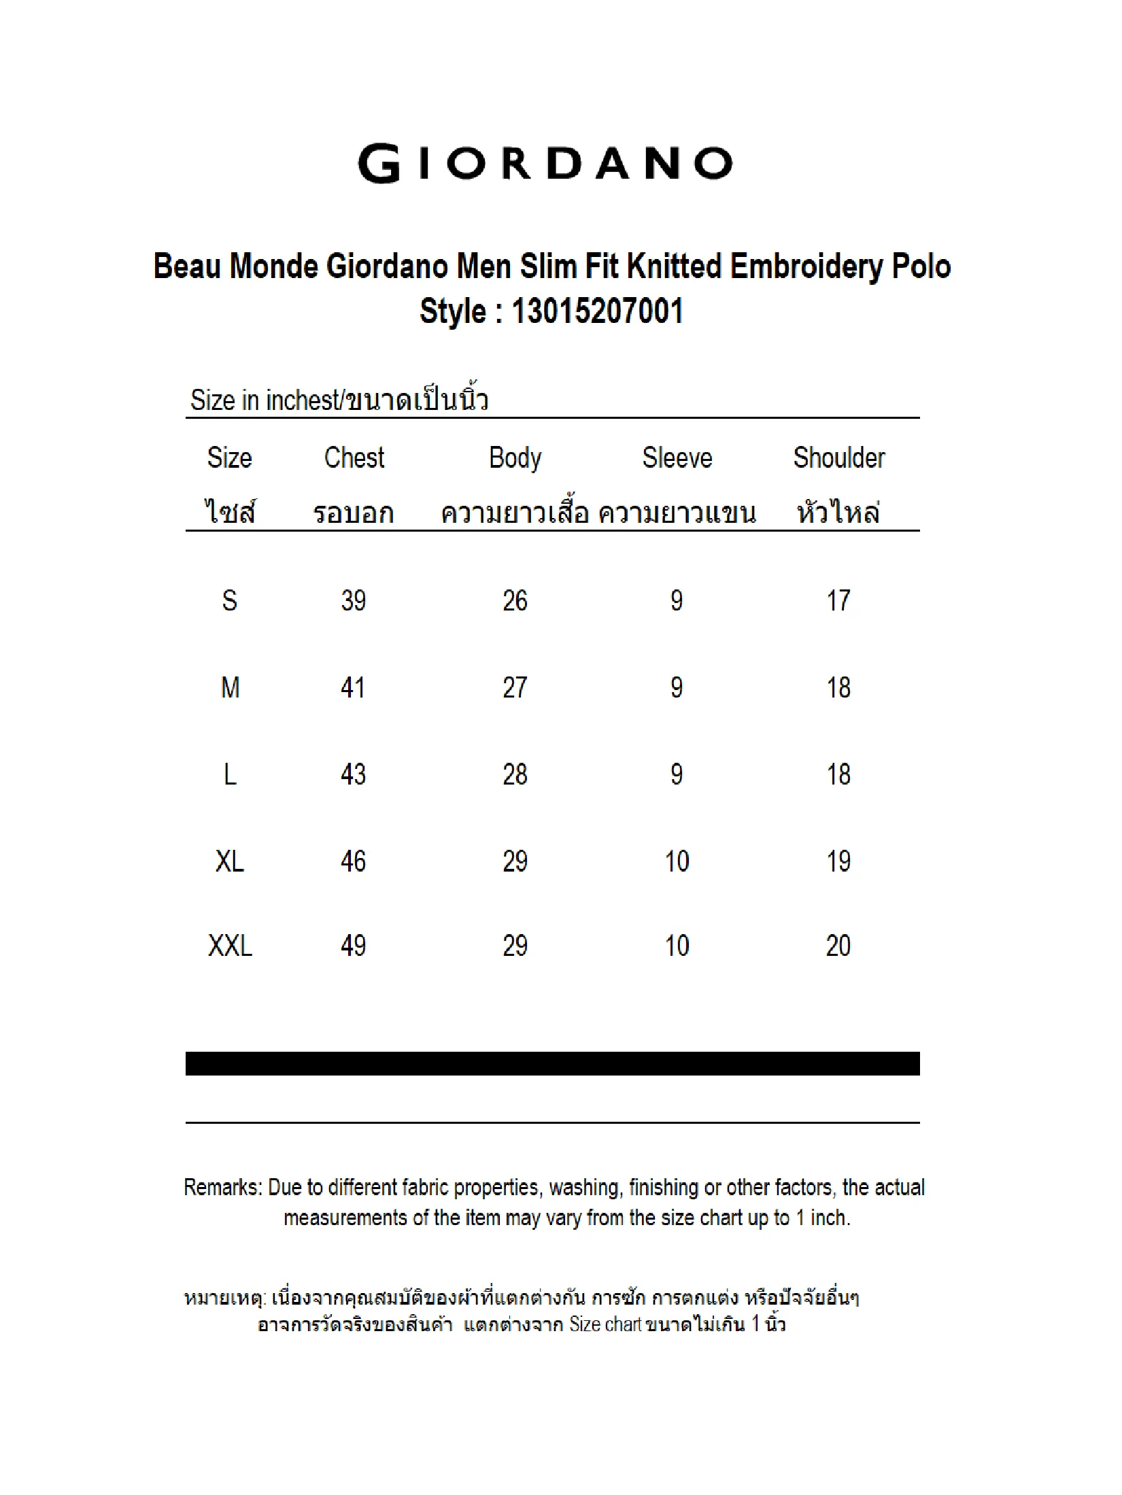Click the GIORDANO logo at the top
(x=545, y=164)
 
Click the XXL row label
(x=230, y=946)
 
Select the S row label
(x=230, y=600)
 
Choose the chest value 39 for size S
(x=354, y=600)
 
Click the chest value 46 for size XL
(x=354, y=861)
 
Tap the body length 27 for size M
(x=515, y=687)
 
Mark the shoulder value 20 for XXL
(x=838, y=946)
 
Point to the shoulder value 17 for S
(x=838, y=600)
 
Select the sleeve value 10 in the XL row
(x=677, y=861)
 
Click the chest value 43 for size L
(x=354, y=774)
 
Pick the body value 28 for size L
(x=515, y=774)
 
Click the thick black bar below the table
(x=552, y=1063)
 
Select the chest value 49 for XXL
(x=354, y=946)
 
